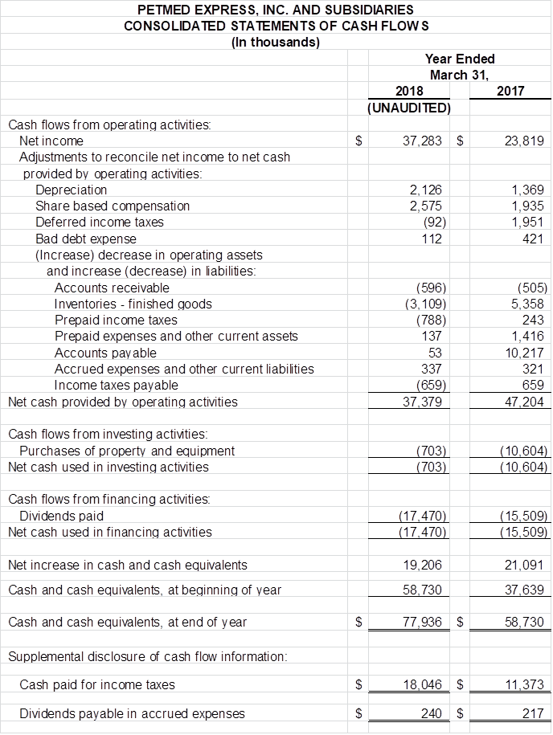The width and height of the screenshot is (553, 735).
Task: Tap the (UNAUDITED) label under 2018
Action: (408, 107)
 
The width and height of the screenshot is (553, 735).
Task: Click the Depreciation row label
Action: (71, 190)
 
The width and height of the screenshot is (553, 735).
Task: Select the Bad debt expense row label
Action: (86, 239)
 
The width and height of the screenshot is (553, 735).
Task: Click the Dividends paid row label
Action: (61, 516)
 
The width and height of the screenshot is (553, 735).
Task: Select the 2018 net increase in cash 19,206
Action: (424, 565)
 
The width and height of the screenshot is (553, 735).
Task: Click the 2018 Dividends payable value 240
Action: (432, 713)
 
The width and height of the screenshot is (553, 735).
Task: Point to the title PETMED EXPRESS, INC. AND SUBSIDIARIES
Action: (276, 10)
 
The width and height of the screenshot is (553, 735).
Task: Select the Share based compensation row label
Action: (113, 206)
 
